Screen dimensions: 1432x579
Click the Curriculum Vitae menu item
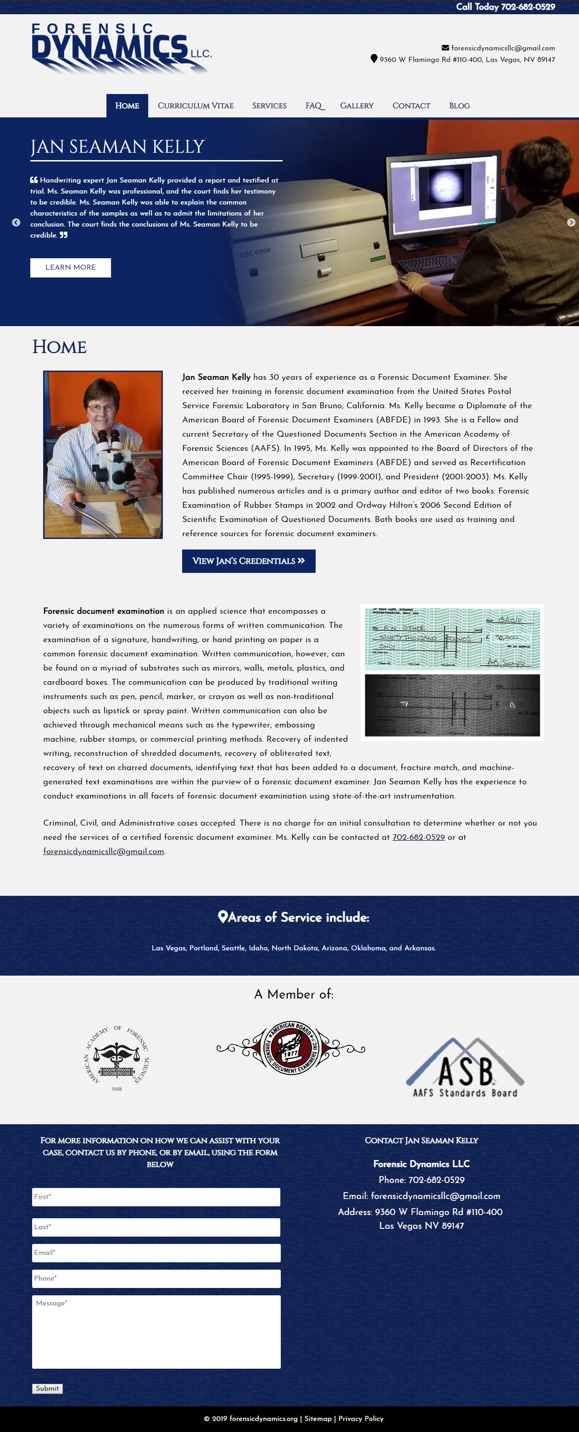click(195, 105)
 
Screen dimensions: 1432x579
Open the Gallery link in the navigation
click(356, 105)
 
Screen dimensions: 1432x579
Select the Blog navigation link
click(459, 105)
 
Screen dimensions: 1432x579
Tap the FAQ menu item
click(314, 105)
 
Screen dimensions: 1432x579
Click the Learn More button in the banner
click(71, 267)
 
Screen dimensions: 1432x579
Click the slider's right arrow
click(571, 222)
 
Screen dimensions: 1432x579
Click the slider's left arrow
click(16, 222)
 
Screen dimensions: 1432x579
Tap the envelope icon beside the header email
click(445, 48)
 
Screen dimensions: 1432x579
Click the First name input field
click(156, 1197)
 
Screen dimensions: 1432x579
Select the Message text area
click(156, 1332)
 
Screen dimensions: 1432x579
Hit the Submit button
click(47, 1388)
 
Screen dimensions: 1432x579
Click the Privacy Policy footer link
click(361, 1419)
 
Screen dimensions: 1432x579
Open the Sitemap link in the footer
click(317, 1419)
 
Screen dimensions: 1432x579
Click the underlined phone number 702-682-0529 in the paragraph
click(418, 837)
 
